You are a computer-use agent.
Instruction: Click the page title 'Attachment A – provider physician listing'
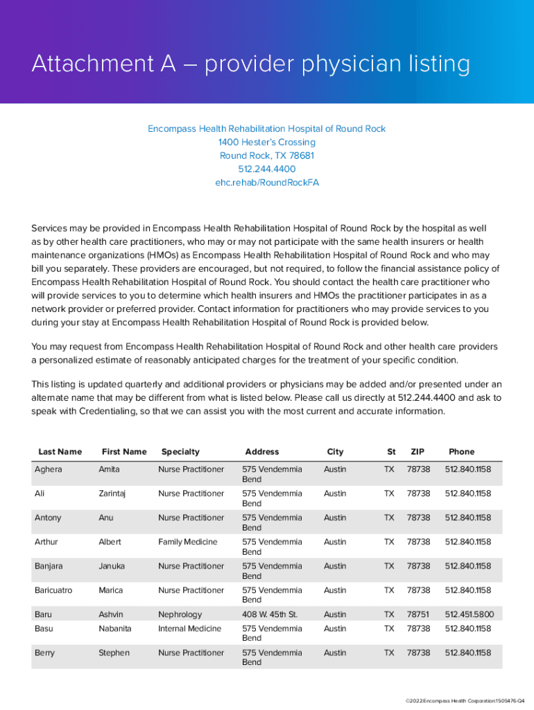click(x=250, y=64)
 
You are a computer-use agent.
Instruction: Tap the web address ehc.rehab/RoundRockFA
click(x=267, y=183)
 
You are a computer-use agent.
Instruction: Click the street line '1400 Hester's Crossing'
click(x=267, y=142)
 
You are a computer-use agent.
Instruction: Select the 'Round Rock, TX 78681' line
click(x=267, y=156)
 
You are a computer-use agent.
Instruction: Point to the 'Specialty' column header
click(x=180, y=451)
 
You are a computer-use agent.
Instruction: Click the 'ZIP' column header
click(x=417, y=451)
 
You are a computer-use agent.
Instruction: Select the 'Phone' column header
click(x=462, y=451)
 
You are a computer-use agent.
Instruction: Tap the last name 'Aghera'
click(x=49, y=469)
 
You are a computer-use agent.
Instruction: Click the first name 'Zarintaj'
click(x=114, y=494)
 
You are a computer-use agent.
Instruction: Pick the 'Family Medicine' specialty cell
click(x=187, y=542)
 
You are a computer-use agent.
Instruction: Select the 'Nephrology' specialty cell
click(x=180, y=614)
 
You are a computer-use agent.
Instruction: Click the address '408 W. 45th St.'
click(x=270, y=614)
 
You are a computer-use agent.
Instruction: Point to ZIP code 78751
click(x=418, y=614)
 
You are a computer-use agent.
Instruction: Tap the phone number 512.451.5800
click(x=468, y=614)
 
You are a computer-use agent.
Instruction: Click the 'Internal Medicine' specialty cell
click(x=189, y=628)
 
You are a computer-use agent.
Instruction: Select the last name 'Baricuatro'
click(x=53, y=590)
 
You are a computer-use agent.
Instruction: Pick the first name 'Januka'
click(x=112, y=566)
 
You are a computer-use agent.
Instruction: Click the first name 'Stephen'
click(x=114, y=652)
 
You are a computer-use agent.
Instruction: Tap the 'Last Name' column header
click(x=60, y=451)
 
